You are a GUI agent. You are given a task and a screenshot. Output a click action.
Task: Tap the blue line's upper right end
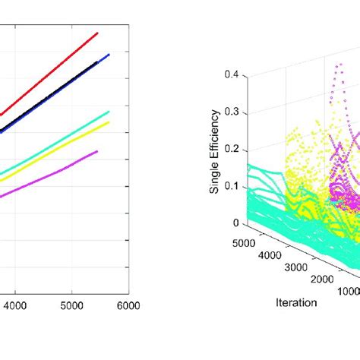[109, 55]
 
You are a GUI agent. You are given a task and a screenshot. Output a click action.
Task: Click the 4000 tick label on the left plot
[16, 305]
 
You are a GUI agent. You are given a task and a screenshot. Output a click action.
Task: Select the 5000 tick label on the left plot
[71, 305]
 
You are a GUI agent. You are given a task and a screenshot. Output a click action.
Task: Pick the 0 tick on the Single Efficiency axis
[235, 223]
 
